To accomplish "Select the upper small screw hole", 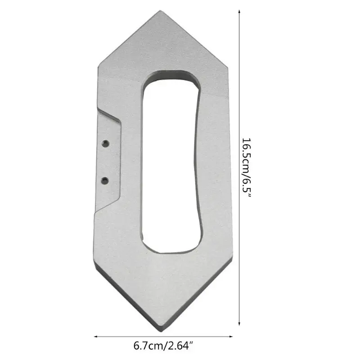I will [105, 143].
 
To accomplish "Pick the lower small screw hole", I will [105, 180].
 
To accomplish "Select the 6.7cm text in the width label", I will [148, 346].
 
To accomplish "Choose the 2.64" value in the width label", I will [180, 346].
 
